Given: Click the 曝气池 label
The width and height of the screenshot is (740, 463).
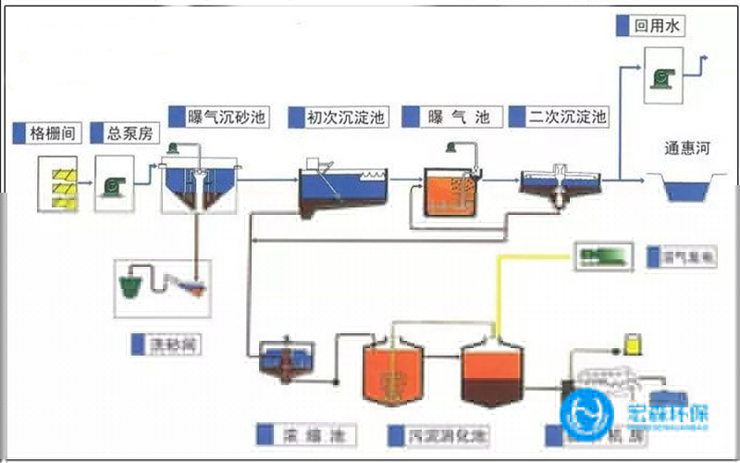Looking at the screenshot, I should coord(459,118).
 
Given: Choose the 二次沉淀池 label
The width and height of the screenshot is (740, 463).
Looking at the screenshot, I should coord(567,118).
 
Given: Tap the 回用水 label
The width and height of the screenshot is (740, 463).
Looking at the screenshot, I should coord(658,27).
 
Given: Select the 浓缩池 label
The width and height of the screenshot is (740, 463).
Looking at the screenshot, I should coord(302,433).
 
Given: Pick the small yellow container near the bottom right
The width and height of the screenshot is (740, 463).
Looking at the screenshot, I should coord(634,344).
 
